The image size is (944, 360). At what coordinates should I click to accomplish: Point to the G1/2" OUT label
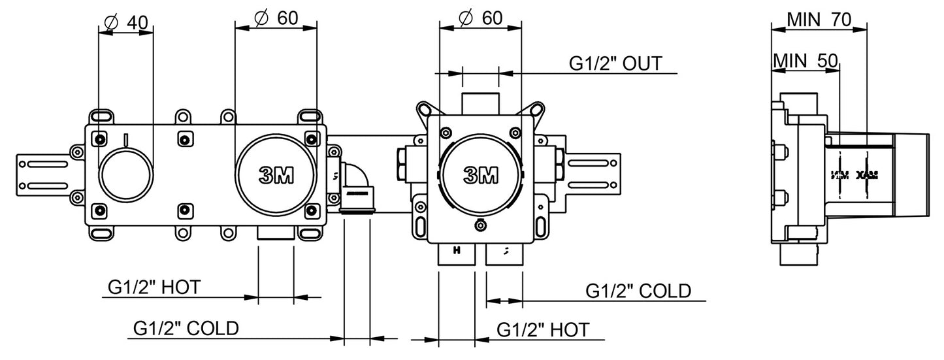[615, 63]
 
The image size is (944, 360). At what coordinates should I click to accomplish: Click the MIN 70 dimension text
[819, 20]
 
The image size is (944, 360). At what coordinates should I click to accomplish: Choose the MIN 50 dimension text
[805, 61]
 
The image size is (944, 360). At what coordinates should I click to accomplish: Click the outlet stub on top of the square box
[480, 103]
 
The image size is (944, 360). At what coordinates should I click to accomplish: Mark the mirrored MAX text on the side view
[867, 174]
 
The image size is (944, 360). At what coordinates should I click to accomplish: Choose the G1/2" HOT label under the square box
[543, 329]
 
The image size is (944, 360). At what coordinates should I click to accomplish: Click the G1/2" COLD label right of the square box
[638, 290]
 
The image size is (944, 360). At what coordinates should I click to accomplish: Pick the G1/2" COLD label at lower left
[186, 327]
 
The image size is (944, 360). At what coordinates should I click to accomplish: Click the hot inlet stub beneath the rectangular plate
[276, 235]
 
